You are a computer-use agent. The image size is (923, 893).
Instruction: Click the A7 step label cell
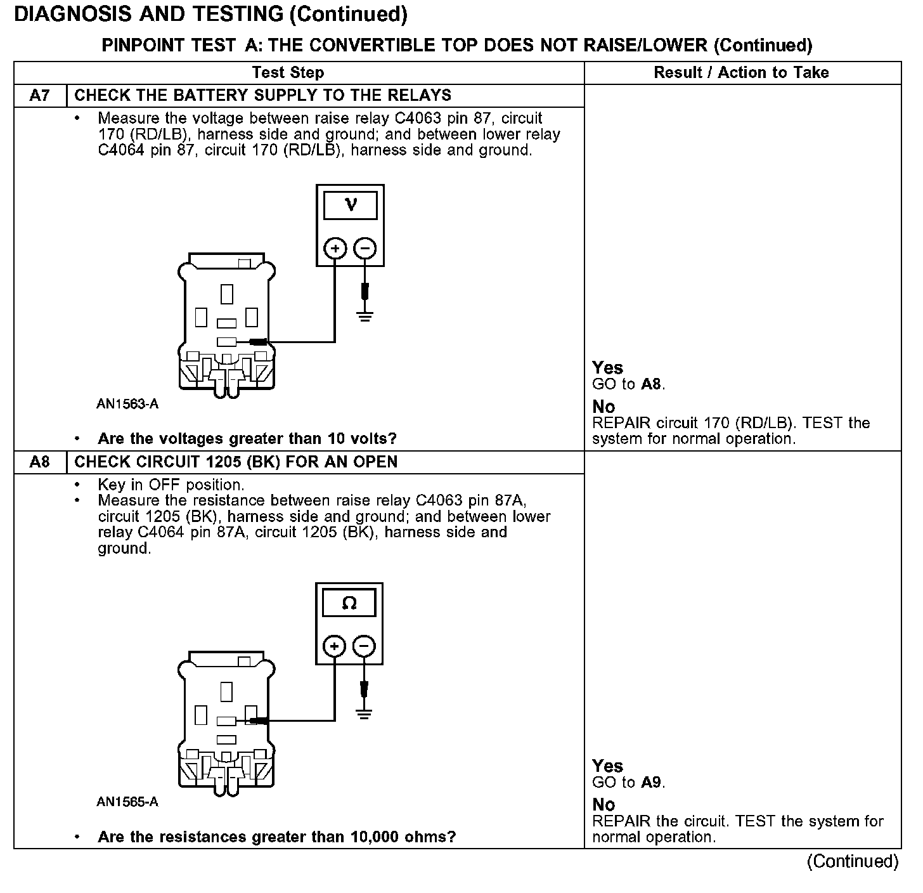coord(39,96)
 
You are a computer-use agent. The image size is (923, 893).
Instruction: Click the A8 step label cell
coord(39,462)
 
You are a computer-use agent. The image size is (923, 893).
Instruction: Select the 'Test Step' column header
coord(288,72)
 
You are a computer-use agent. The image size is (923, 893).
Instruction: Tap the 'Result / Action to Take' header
coord(741,72)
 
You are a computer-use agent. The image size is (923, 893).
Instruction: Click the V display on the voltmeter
coord(350,205)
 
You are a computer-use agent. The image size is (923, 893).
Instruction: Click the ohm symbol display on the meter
coord(349,603)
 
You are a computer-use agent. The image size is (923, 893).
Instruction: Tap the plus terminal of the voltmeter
coord(335,248)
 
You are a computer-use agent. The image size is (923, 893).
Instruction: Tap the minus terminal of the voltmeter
coord(365,248)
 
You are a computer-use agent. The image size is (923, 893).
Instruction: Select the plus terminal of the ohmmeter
coord(334,646)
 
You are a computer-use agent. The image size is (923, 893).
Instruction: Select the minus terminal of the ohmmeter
coord(364,646)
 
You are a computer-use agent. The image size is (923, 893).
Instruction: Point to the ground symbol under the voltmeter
coord(365,315)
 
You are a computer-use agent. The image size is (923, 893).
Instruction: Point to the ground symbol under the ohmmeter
coord(364,714)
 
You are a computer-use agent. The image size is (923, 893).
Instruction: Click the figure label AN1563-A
coord(127,404)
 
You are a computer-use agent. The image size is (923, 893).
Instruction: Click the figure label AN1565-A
coord(127,802)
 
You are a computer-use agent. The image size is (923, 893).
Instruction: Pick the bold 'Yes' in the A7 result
coord(607,368)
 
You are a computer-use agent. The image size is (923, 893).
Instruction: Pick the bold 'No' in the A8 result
coord(603,805)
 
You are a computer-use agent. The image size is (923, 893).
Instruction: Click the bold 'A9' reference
coord(651,782)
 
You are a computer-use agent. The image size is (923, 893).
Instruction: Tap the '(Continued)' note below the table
coord(853,861)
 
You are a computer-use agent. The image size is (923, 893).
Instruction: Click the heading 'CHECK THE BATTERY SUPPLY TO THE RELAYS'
coord(262,96)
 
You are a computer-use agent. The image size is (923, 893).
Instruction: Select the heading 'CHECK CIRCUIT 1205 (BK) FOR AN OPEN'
coord(236,462)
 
